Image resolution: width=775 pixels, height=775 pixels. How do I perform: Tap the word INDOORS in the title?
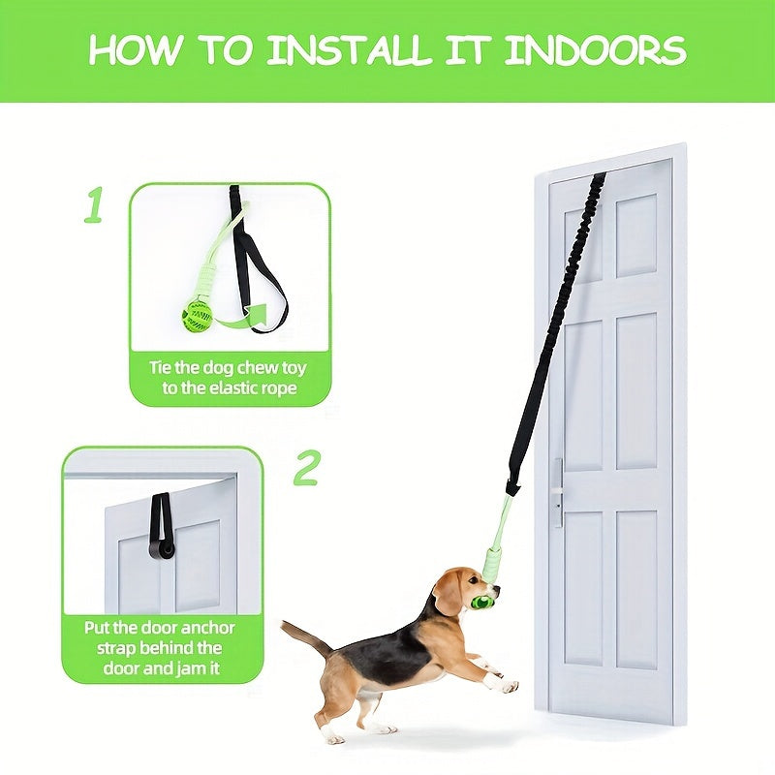[595, 50]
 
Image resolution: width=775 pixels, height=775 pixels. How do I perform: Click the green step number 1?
[93, 204]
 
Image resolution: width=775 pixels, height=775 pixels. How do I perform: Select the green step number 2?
[306, 468]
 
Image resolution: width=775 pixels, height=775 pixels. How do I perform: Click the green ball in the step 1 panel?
[198, 317]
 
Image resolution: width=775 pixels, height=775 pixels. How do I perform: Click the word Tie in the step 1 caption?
[160, 368]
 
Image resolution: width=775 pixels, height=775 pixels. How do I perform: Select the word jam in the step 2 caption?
[190, 669]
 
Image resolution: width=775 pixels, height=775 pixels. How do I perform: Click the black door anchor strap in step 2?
[161, 527]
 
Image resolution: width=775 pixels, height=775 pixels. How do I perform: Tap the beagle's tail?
[304, 636]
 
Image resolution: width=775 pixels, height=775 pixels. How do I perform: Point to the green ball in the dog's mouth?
[480, 603]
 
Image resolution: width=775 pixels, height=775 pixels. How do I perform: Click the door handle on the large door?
[558, 493]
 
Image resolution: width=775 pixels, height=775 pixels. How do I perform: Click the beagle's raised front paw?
[507, 686]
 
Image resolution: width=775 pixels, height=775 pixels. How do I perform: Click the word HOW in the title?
[133, 50]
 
